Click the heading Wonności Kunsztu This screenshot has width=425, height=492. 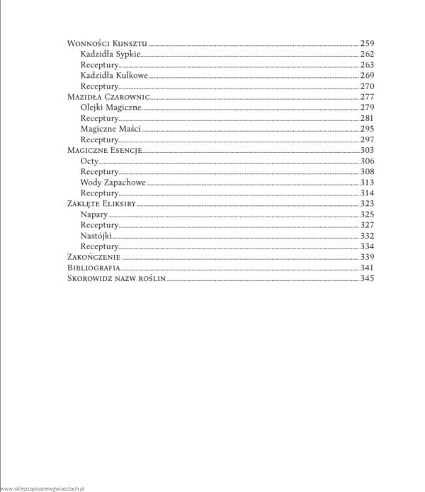(107, 43)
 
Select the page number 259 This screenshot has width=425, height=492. (366, 43)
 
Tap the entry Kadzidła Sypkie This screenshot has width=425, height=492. (110, 54)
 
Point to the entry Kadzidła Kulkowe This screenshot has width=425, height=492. (114, 75)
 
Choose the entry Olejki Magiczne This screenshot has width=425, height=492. (111, 108)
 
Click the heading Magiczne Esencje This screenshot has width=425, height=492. (105, 150)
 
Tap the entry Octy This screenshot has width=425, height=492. (89, 161)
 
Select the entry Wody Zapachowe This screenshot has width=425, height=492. (113, 182)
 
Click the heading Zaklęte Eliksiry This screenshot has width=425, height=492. (101, 203)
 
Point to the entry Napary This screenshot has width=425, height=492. (95, 214)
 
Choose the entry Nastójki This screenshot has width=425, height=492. (96, 235)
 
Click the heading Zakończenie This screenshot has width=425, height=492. (93, 256)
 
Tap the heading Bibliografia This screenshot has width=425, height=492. (93, 268)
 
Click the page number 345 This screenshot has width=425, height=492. (366, 278)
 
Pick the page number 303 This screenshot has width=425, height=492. (366, 150)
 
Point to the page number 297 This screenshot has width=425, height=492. (366, 139)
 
